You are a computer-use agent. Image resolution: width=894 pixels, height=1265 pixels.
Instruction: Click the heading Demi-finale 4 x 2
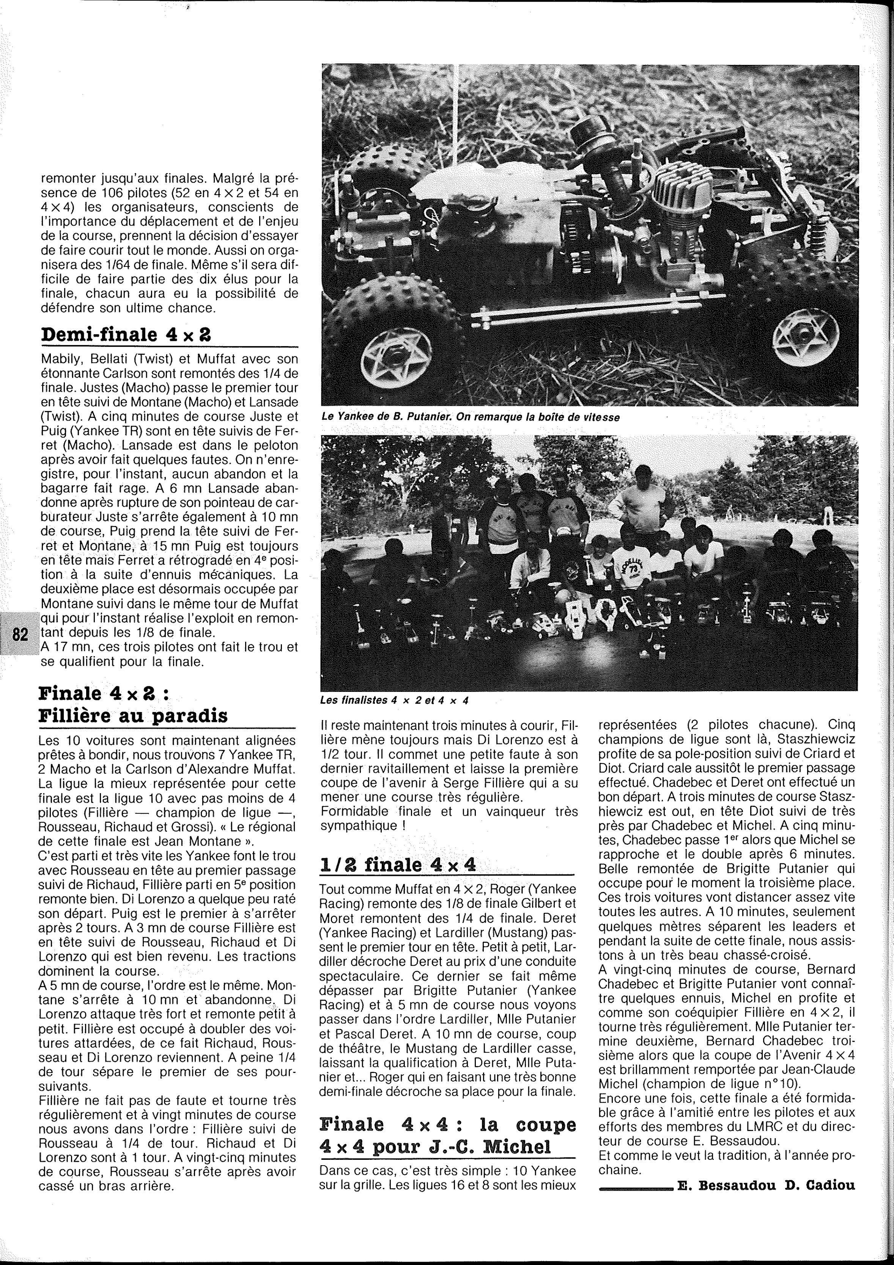pyautogui.click(x=125, y=334)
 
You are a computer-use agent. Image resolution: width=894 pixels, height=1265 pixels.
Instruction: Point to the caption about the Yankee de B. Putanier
pyautogui.click(x=471, y=417)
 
